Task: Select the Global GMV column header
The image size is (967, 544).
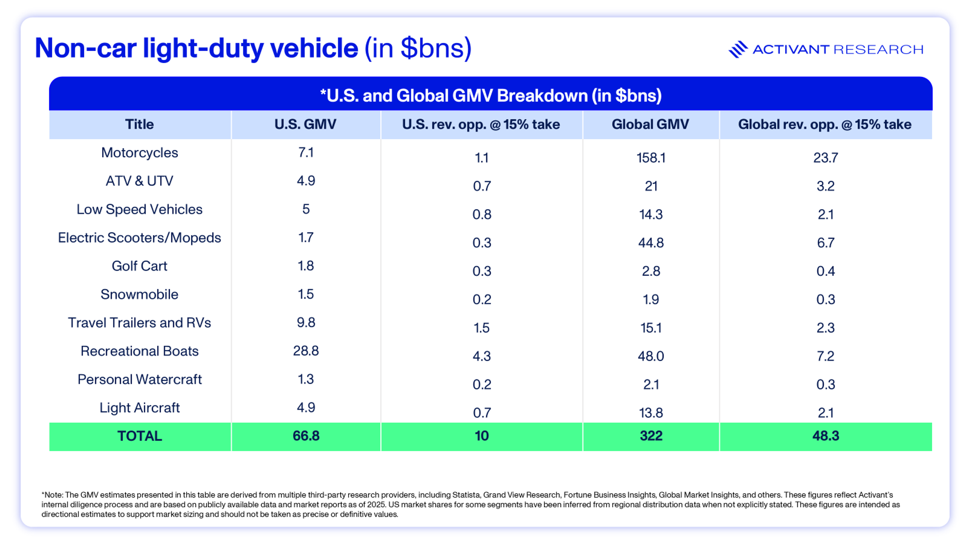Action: tap(650, 124)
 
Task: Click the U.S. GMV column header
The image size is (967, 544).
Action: tap(305, 124)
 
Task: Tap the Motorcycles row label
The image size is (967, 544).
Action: tap(139, 153)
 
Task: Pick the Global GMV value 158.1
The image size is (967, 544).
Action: tap(650, 158)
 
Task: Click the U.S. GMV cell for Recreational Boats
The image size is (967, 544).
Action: tap(305, 351)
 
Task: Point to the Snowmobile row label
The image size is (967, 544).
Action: tap(139, 294)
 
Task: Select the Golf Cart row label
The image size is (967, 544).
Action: tap(139, 266)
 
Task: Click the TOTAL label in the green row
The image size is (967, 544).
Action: tap(139, 436)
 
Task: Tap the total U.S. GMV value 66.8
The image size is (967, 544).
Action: tap(305, 436)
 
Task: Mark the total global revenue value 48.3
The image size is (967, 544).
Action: tap(825, 436)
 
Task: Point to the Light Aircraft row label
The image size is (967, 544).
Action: tap(139, 408)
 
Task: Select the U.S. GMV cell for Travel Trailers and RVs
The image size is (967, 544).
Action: tap(305, 322)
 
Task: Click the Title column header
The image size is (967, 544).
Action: tap(139, 124)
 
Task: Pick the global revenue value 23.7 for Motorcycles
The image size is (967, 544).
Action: tap(825, 158)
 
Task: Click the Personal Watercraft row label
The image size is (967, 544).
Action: tap(139, 379)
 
